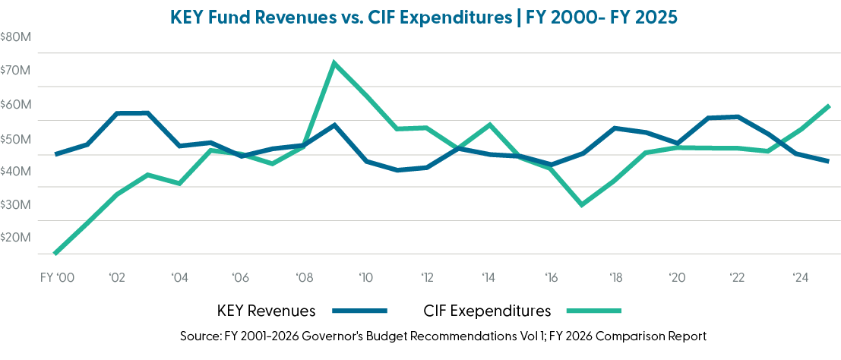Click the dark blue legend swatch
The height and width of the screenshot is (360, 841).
[360, 311]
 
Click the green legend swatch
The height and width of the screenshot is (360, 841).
[594, 311]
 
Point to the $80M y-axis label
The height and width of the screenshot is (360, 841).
[15, 36]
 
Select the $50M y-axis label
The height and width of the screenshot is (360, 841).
[15, 138]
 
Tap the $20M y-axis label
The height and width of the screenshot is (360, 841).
[15, 237]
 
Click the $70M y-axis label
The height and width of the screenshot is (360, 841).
[15, 71]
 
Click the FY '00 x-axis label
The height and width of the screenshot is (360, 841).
[56, 277]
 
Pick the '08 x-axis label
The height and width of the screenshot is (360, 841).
[303, 277]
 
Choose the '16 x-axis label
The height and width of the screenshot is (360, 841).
[552, 277]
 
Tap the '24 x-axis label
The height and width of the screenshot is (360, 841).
[801, 277]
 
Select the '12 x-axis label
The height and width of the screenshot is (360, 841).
[428, 277]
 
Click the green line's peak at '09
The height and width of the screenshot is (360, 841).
[334, 62]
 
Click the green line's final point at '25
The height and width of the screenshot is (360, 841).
[829, 106]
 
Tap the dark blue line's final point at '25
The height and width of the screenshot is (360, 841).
[829, 161]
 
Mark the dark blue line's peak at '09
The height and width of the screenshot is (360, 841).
[334, 125]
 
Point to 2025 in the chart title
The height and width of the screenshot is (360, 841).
[653, 17]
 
